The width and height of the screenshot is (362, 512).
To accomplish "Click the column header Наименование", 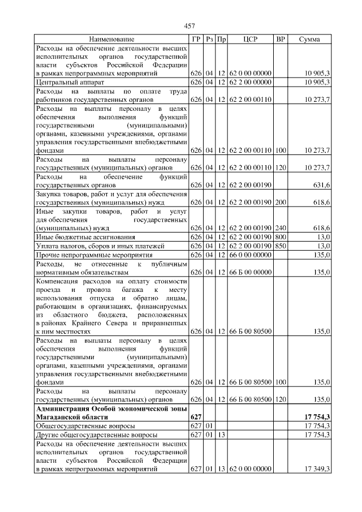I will [111, 40].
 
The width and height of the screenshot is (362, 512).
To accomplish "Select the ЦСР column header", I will [251, 40].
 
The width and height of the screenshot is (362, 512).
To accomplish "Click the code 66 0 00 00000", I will [251, 255].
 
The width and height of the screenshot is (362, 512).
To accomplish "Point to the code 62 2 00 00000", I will [251, 82].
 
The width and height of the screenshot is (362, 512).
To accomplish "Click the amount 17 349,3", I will [317, 468].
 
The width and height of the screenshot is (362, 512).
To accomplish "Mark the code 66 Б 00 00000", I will [251, 272].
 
